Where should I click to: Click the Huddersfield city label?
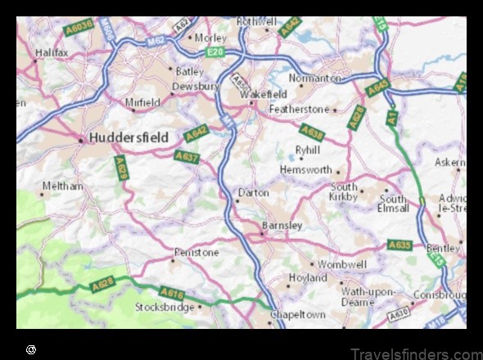[131, 137]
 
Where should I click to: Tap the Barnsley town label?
[282, 225]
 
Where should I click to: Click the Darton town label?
[253, 193]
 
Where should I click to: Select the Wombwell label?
[342, 264]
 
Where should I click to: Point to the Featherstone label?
[299, 109]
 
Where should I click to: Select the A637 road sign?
[187, 155]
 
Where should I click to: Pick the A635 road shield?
[399, 245]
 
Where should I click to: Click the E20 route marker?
[215, 52]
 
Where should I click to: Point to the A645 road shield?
[377, 87]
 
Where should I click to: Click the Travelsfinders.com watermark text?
[417, 353]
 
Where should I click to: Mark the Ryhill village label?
[309, 151]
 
